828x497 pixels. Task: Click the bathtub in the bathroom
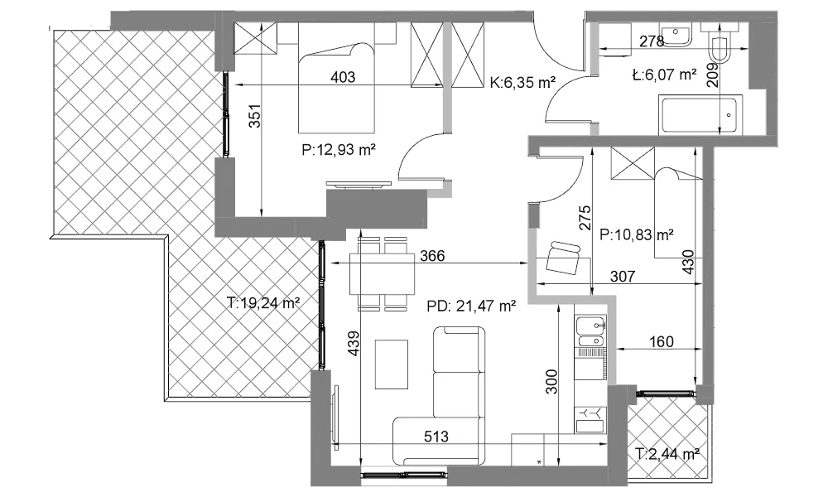pos(700,114)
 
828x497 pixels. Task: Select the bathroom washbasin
pos(676,35)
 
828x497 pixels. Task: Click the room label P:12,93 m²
pos(339,150)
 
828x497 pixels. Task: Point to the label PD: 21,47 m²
pos(471,306)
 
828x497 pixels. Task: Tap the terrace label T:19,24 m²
pos(263,302)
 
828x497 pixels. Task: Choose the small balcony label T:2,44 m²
pos(667,454)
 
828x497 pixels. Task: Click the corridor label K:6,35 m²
pos(522,82)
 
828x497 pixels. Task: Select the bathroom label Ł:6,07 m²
pos(664,75)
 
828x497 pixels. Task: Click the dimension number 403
pos(343,77)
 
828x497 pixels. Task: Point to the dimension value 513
pos(436,437)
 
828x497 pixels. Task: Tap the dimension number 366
pos(432,256)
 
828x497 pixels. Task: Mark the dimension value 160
pos(661,342)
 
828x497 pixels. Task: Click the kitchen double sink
pos(590,331)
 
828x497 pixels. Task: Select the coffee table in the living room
pos(392,364)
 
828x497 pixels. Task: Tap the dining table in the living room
pos(383,273)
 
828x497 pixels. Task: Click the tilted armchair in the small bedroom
pos(563,258)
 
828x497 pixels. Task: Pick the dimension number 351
pos(255,116)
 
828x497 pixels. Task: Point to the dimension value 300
pos(551,381)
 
